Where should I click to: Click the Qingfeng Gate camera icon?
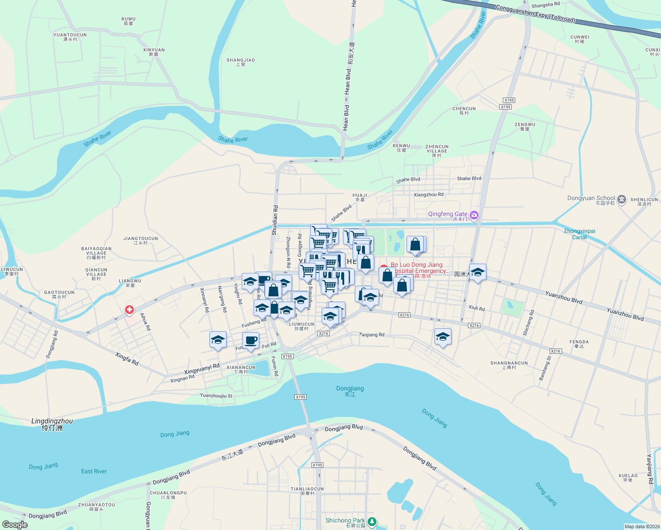tap(474, 215)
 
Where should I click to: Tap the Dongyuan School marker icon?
tap(622, 200)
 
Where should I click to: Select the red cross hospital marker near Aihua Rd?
tap(129, 310)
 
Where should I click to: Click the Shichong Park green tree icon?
tap(372, 522)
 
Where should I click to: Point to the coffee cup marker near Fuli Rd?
tap(251, 341)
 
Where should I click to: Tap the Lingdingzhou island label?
tap(52, 424)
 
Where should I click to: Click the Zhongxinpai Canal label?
tap(579, 234)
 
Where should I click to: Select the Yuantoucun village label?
tap(70, 37)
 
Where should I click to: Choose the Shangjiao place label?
tap(241, 62)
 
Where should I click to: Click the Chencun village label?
tap(464, 110)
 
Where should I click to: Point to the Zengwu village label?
tap(525, 126)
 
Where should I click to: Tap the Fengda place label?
tap(579, 344)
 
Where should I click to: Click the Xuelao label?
tap(628, 477)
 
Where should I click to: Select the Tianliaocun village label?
tap(307, 491)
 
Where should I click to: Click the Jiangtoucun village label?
tap(141, 240)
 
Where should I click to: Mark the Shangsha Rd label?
tap(545, 5)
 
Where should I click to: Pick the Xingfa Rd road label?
tap(127, 359)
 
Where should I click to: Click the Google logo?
tap(15, 525)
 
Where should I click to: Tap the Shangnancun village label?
tap(509, 365)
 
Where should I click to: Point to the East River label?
tap(94, 471)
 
